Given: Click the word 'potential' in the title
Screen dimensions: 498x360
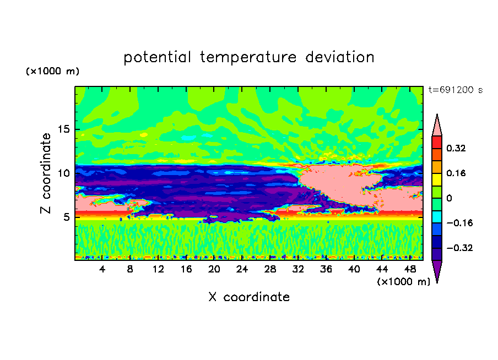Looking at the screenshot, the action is (x=157, y=58).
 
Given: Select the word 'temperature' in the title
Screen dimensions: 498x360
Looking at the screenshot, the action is (x=248, y=58).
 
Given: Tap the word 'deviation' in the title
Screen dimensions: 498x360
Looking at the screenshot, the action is (x=340, y=57).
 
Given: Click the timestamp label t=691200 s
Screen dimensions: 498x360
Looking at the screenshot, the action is (x=456, y=90).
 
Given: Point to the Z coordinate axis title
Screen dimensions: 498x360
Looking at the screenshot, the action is (x=45, y=173).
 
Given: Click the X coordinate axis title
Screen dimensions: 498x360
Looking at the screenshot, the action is (x=249, y=297).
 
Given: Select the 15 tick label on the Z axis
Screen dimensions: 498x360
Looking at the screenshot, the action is (x=64, y=129).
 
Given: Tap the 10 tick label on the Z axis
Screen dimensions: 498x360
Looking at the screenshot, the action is (x=64, y=173).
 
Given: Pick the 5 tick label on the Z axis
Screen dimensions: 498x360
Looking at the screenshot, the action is (x=67, y=217).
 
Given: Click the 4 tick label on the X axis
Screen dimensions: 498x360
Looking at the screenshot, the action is (x=102, y=269).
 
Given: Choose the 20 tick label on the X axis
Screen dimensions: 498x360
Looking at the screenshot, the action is (x=214, y=269).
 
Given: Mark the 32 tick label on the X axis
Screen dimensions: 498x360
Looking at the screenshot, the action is (x=298, y=269).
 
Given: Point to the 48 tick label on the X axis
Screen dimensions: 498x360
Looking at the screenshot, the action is (x=410, y=269).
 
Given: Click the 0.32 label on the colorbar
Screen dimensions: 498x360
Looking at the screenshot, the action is (x=456, y=148).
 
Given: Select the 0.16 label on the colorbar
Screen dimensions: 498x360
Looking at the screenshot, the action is (x=456, y=173).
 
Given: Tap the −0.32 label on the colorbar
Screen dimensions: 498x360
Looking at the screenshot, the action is (x=459, y=248).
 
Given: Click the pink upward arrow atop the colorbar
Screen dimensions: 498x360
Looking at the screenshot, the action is (x=437, y=126).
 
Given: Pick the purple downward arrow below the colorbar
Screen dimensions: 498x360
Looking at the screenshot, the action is (x=437, y=270).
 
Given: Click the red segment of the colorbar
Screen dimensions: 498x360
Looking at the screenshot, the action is (x=437, y=142).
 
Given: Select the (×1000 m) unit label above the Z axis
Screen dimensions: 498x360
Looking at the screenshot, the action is (x=52, y=71).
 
